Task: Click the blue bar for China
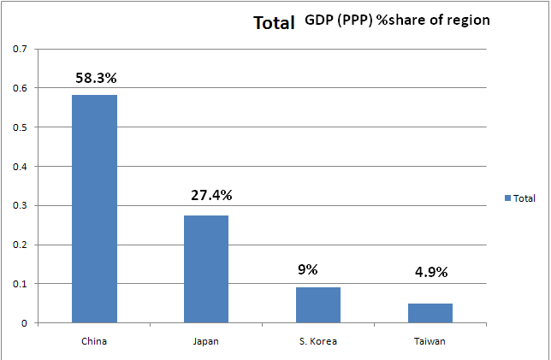pos(94,209)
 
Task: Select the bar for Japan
pos(206,269)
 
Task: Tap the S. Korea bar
pos(318,304)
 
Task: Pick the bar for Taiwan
pos(430,312)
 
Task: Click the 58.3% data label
pos(95,78)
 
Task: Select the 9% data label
pos(307,269)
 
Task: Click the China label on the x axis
pos(94,341)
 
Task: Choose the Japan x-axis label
pos(206,341)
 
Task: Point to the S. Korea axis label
pos(318,341)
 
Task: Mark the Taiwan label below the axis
pos(430,341)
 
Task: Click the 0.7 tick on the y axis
pos(20,49)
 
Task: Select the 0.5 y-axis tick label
pos(20,127)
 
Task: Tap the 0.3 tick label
pos(20,205)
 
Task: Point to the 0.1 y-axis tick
pos(20,284)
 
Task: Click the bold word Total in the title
pos(274,23)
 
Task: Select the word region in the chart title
pos(468,21)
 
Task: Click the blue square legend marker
pos(507,198)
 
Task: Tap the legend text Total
pos(524,198)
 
